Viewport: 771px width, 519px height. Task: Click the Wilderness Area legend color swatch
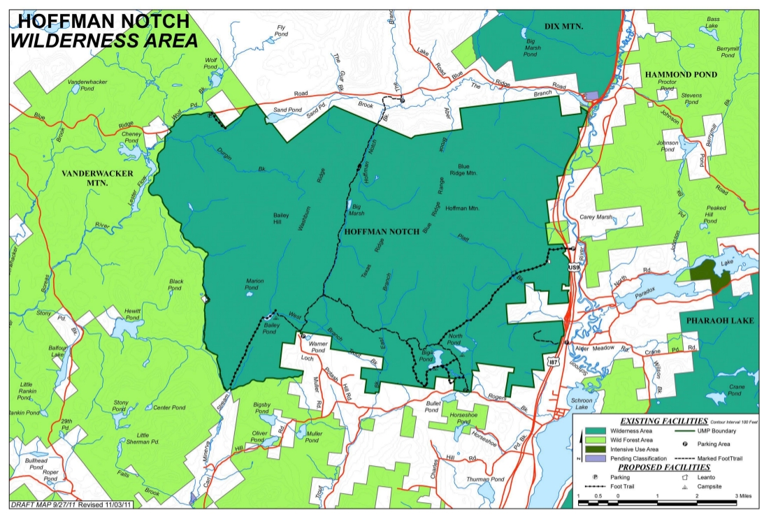[x=594, y=432]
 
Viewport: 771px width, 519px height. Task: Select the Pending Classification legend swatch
[x=594, y=459]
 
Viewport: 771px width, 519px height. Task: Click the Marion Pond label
[x=254, y=285]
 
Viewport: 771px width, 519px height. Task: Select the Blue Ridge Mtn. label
[x=463, y=170]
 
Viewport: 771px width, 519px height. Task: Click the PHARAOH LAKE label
[x=718, y=321]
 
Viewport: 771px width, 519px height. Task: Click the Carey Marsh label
[x=596, y=217]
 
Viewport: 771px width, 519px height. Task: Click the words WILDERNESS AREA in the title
[x=103, y=41]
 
